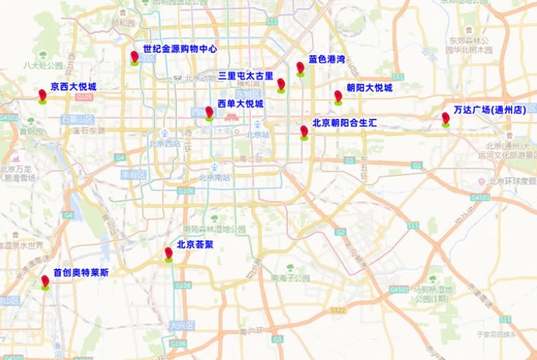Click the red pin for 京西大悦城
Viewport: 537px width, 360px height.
43,95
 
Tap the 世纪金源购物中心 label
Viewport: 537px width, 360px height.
180,49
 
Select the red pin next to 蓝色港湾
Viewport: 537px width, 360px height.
300,67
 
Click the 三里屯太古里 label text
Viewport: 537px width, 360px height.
246,76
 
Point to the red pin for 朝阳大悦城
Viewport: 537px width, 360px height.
338,96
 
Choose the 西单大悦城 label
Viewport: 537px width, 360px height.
240,104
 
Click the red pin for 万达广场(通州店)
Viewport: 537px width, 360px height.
446,119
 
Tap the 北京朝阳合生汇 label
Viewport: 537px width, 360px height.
344,124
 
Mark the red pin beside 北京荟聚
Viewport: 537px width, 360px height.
168,253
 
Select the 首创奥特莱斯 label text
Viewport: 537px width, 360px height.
80,272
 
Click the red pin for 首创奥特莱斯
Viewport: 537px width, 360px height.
45,281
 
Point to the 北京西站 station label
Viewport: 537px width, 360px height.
164,143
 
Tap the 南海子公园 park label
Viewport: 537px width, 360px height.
290,278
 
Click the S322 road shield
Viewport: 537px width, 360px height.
338,311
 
